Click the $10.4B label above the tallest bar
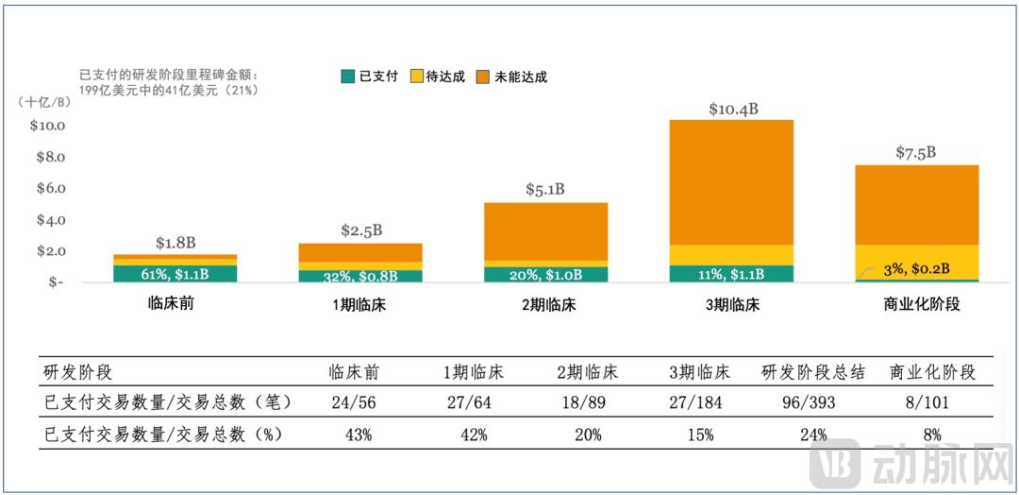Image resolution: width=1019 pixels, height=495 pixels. (x=732, y=110)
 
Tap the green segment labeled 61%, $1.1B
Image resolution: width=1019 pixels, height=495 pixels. (x=175, y=274)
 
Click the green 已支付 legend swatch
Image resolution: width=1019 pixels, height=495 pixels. (x=347, y=77)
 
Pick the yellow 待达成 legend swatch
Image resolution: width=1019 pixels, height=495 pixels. (x=416, y=77)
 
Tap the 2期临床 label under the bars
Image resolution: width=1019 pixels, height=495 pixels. (x=547, y=305)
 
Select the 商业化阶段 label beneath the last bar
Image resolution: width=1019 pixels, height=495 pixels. (x=916, y=305)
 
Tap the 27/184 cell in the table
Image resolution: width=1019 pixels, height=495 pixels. (x=699, y=401)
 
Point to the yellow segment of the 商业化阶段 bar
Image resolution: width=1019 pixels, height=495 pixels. (x=916, y=253)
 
